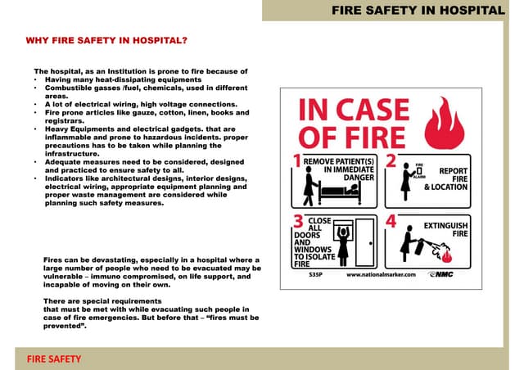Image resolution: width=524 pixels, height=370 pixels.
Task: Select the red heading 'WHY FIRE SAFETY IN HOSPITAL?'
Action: [106, 40]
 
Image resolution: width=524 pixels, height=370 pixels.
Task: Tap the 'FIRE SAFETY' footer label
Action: [54, 359]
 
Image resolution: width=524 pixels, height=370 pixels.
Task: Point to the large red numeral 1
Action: [297, 161]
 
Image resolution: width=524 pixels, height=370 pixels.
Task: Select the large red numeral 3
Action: [298, 221]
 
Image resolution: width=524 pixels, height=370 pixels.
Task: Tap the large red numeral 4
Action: [391, 222]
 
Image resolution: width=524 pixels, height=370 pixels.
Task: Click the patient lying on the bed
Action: [336, 192]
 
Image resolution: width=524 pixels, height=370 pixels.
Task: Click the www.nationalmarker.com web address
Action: [382, 275]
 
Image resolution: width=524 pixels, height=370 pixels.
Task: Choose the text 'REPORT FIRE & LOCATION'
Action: [446, 179]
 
